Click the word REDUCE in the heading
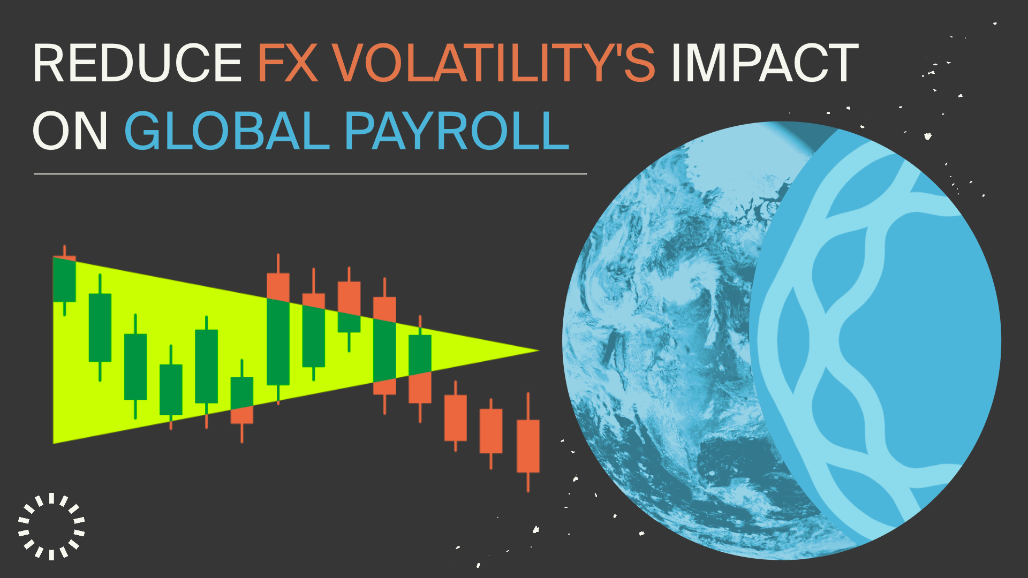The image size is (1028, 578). [138, 63]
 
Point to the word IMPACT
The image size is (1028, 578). [765, 63]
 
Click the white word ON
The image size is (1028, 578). [71, 131]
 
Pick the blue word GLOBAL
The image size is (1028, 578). [226, 131]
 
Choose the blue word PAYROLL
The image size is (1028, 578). [456, 131]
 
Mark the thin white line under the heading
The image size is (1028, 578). [310, 174]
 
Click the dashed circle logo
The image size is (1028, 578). [51, 526]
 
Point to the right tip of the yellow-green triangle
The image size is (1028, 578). [539, 351]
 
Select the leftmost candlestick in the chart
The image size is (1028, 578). [64, 280]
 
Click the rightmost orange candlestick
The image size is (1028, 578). [528, 442]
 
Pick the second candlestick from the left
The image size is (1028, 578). [100, 328]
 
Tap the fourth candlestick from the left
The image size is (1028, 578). [171, 387]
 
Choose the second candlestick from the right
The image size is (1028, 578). [491, 433]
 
